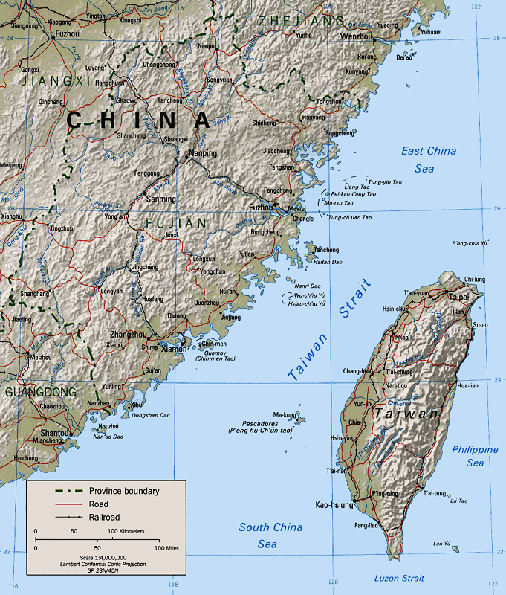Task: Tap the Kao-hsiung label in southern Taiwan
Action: coord(333,505)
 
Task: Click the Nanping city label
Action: coord(202,154)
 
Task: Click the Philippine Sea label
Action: coord(475,456)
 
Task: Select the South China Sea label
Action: coord(270,535)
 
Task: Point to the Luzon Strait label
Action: coord(399,579)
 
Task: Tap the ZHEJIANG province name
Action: coord(302,20)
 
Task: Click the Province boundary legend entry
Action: coord(124,491)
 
